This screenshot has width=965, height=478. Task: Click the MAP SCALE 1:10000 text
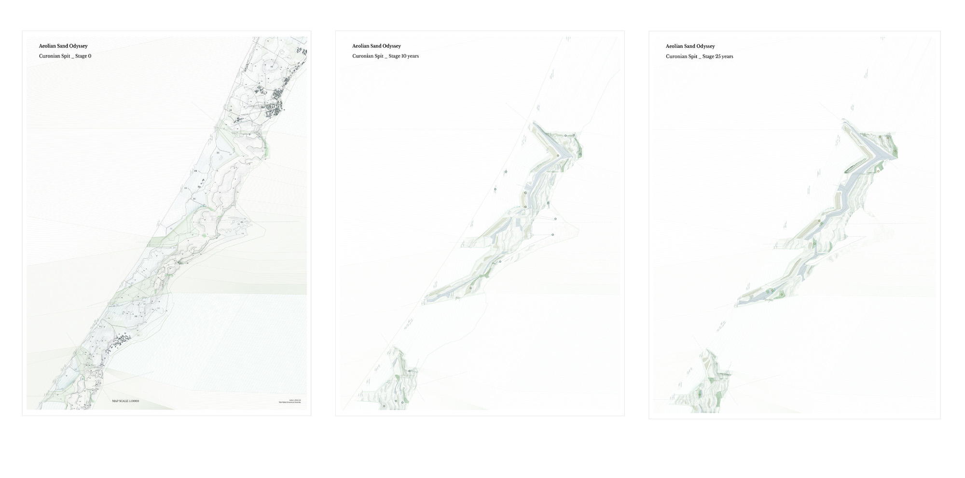click(125, 401)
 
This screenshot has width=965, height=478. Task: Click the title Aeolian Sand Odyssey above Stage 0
click(63, 46)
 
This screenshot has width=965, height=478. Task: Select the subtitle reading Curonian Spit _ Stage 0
click(65, 56)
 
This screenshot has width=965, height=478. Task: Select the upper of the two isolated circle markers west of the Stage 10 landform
click(506, 171)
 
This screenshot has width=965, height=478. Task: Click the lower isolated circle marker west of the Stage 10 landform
click(495, 190)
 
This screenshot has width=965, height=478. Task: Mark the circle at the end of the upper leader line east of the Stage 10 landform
click(555, 219)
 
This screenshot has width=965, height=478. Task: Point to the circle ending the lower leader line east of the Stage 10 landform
click(553, 235)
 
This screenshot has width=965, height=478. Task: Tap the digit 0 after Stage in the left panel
click(90, 56)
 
